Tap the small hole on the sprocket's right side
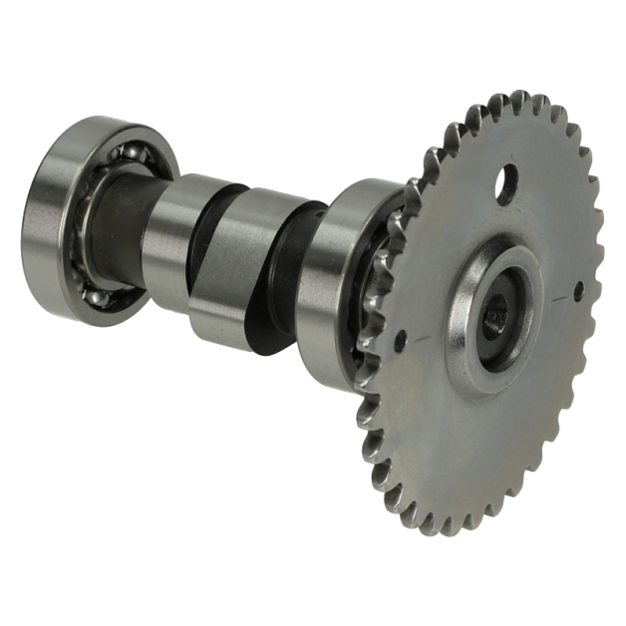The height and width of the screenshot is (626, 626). pyautogui.click(x=578, y=291)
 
